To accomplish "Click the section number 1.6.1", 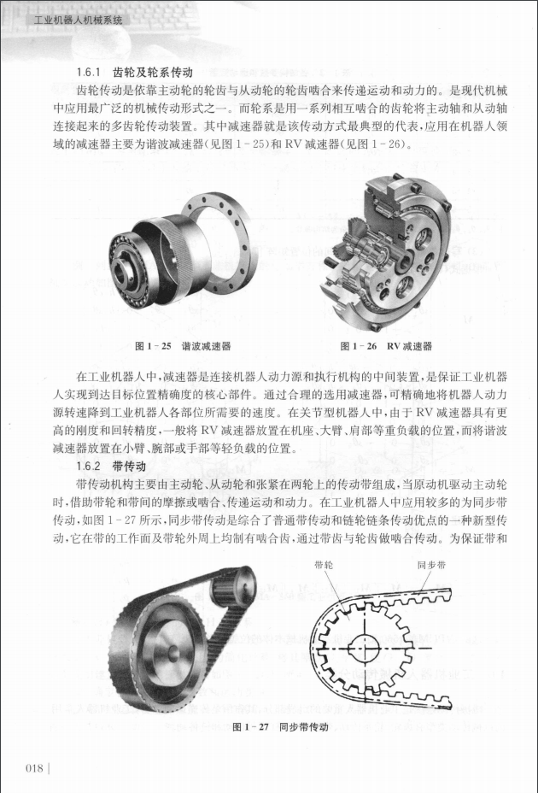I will (x=90, y=71).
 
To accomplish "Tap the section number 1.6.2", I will (x=90, y=467).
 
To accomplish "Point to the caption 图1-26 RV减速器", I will (x=386, y=346).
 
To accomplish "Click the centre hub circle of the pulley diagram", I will (x=369, y=648).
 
